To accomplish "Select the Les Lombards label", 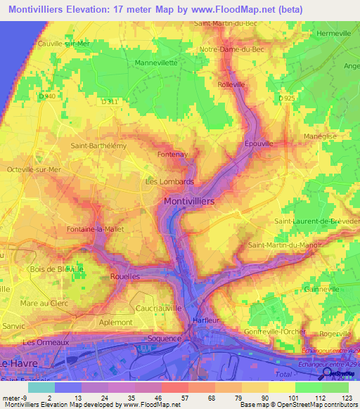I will pyautogui.click(x=169, y=181).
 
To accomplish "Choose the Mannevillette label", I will pyautogui.click(x=155, y=62).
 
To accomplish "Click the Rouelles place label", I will pyautogui.click(x=126, y=277).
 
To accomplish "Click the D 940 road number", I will pyautogui.click(x=48, y=96).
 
